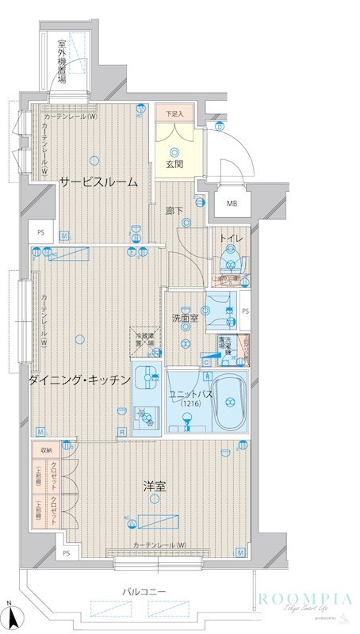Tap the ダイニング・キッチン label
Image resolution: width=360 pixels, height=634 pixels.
pyautogui.click(x=79, y=380)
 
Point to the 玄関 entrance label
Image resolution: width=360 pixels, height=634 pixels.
pyautogui.click(x=174, y=164)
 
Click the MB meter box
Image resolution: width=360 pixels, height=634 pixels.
pyautogui.click(x=232, y=204)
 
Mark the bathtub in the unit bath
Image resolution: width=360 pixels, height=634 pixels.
pyautogui.click(x=230, y=402)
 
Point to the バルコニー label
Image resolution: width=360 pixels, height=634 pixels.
pyautogui.click(x=144, y=591)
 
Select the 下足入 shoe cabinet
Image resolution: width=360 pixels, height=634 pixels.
pyautogui.click(x=174, y=115)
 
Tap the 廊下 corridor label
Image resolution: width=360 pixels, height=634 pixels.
pyautogui.click(x=174, y=211)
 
